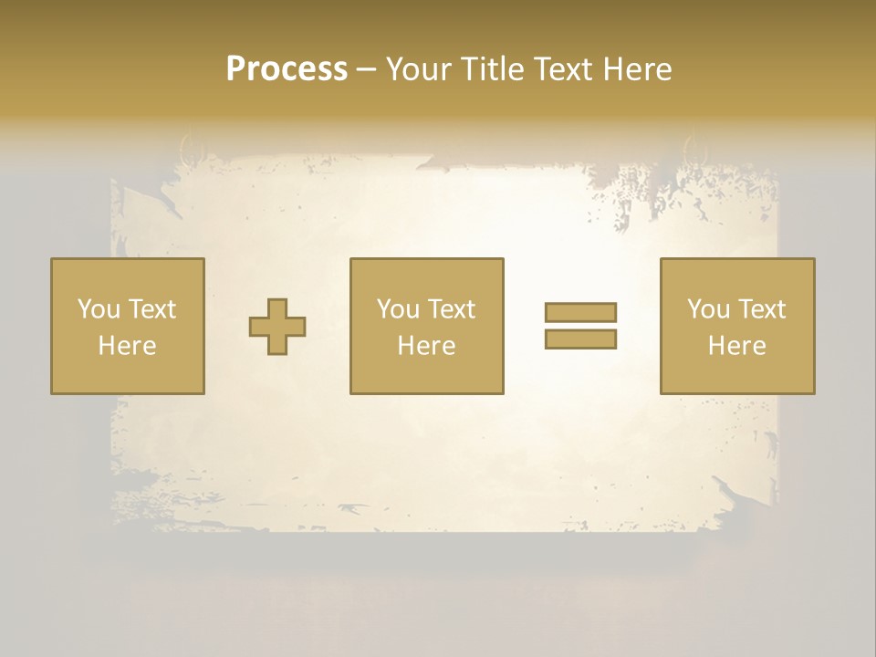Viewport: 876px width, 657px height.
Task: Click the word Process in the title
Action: point(287,69)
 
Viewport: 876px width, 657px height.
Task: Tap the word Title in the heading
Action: point(493,69)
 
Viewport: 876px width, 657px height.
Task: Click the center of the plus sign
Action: point(277,327)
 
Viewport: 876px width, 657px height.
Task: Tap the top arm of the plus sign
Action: point(277,308)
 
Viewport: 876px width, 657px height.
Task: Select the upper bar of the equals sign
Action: point(580,312)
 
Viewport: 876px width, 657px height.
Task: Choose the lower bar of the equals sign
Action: point(580,339)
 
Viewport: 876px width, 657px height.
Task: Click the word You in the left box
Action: point(99,309)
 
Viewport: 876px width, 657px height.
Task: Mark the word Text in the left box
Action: point(151,309)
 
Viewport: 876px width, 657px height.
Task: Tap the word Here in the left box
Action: point(127,346)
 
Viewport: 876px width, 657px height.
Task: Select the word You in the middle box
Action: point(398,309)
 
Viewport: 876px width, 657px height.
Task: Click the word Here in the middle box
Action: point(426,346)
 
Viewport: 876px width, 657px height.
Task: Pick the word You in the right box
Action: point(708,309)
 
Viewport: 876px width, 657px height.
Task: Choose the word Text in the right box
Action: point(761,309)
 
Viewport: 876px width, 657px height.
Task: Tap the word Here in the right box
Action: point(736,346)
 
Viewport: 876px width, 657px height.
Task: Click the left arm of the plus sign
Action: point(258,327)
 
